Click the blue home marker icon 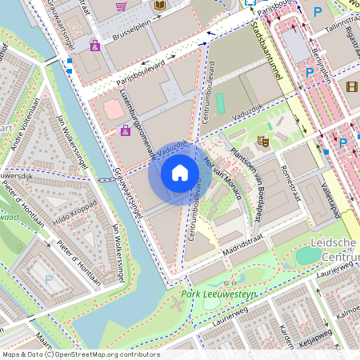(180, 172)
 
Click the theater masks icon (262, 142)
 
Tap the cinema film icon (352, 84)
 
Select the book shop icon (159, 6)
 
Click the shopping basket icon (122, 6)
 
